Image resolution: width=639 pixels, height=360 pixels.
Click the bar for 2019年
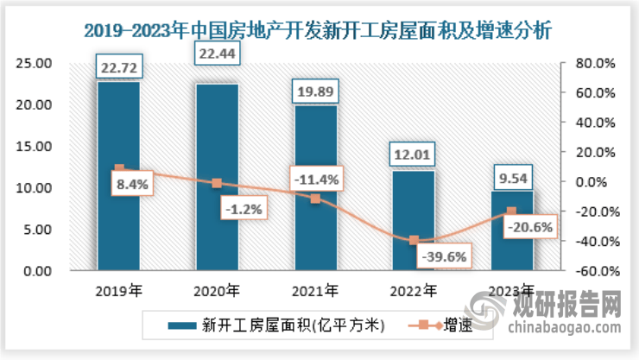[x=118, y=176]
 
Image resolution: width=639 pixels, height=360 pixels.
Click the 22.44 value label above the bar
[x=217, y=56]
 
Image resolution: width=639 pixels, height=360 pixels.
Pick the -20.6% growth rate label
[x=530, y=229]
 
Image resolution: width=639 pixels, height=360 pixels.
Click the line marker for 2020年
[x=217, y=183]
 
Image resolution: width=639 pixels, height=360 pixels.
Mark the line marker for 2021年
[x=316, y=199]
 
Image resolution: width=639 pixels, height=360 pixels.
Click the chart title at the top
[x=319, y=30]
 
